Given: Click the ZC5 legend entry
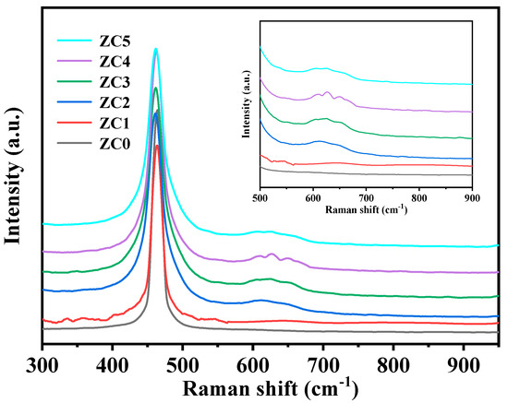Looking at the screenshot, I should point(91,41).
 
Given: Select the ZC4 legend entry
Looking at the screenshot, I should point(91,65).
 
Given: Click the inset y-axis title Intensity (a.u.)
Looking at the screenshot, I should point(248,107).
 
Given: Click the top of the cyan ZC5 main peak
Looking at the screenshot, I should point(156,49).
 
